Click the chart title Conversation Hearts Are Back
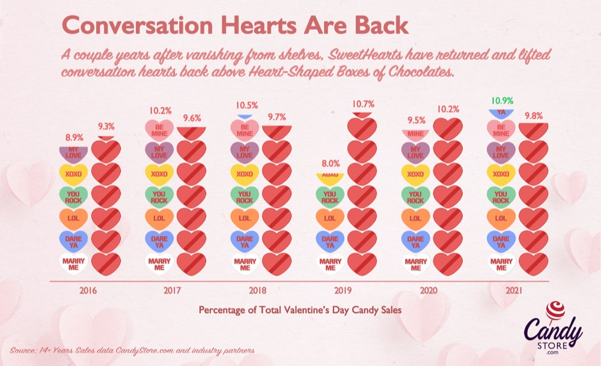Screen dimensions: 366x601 point(235,26)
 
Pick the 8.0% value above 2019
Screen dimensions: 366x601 point(329,162)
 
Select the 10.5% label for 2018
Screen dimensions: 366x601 point(244,105)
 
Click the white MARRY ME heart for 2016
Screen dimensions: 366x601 point(72,262)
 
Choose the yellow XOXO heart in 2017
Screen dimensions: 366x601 point(159,173)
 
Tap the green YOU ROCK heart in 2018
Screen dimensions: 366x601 point(244,196)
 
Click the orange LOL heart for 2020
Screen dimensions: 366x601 point(415,218)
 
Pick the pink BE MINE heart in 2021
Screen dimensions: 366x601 point(501,129)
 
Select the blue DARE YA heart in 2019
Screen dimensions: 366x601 point(329,241)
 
